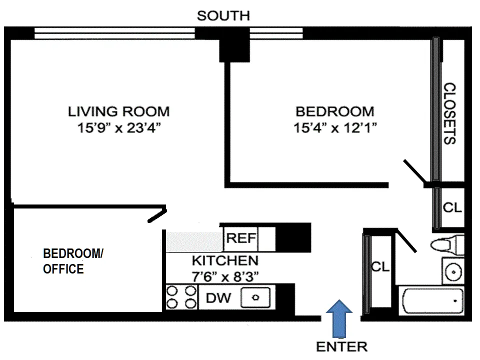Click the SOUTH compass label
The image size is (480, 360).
coord(223,15)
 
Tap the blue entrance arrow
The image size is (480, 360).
coord(339,318)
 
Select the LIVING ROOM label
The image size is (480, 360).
coord(118,111)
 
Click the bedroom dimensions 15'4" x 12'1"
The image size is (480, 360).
coord(334,128)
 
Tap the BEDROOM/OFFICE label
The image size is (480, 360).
coord(73,261)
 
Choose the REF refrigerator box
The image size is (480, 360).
coord(241,238)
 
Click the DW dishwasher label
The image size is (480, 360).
coord(218,298)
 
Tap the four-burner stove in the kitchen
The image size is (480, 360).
coord(181,296)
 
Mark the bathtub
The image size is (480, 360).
coord(431,302)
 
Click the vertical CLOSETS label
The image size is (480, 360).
coord(450,113)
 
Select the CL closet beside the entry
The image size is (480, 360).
coord(379,267)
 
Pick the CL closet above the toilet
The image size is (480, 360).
coord(452,208)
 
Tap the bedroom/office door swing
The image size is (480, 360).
coord(156,214)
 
